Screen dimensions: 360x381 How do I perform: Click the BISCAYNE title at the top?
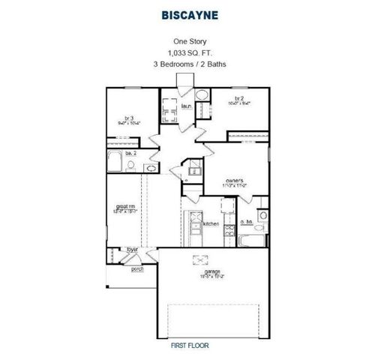[x=190, y=13]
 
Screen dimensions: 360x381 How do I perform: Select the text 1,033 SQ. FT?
[x=190, y=53]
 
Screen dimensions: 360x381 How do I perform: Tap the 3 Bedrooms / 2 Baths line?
[x=190, y=64]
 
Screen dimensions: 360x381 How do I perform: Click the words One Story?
[x=190, y=42]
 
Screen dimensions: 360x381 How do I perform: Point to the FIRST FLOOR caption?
[x=189, y=346]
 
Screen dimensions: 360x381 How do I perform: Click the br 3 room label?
[x=129, y=118]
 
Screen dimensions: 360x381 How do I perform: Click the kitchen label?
[x=211, y=223]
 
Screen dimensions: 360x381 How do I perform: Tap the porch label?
[x=137, y=268]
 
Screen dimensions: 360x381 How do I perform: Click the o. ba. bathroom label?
[x=245, y=222]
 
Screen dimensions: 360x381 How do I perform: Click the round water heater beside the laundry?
[x=202, y=95]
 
